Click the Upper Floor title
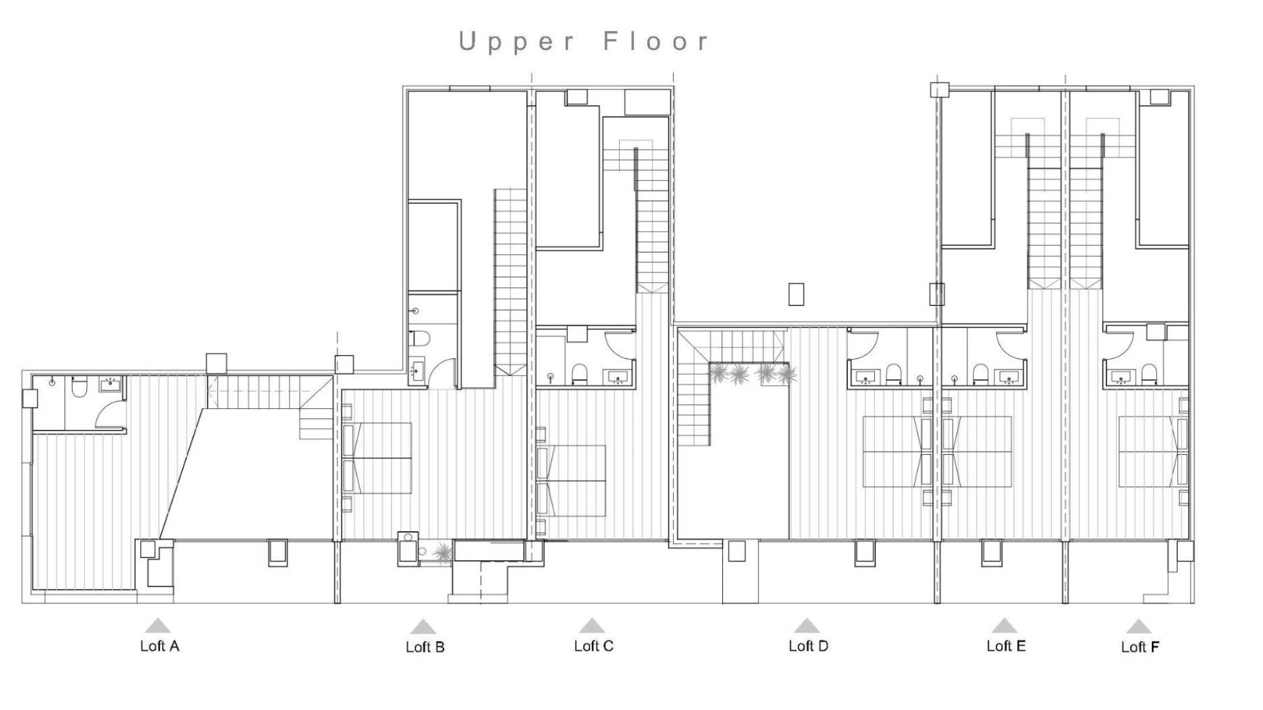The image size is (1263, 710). (x=584, y=41)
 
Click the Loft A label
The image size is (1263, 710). (x=159, y=646)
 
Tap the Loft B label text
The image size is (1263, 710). (x=425, y=647)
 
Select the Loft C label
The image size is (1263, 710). (x=593, y=646)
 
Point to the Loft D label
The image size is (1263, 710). (x=808, y=646)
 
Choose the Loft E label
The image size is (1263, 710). (x=1006, y=646)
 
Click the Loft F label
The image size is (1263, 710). (x=1140, y=647)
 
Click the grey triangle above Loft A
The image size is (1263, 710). (x=157, y=625)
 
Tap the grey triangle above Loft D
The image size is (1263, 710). (x=806, y=625)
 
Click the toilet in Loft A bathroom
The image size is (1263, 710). (x=78, y=388)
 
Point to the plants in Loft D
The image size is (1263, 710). (x=752, y=374)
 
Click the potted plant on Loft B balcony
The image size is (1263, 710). (x=442, y=553)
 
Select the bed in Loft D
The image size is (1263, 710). (x=895, y=451)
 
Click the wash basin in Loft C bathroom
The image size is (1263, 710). (x=618, y=377)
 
